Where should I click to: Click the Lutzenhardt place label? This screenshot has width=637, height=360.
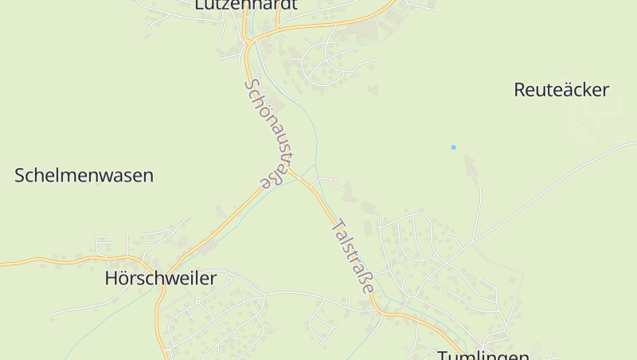[x=246, y=5]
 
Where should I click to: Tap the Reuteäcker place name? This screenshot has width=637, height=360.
[x=561, y=90]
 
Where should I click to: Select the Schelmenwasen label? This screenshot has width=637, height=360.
[x=84, y=176]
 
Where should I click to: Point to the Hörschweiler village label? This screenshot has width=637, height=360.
[x=160, y=279]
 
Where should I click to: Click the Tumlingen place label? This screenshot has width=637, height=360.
[x=483, y=355]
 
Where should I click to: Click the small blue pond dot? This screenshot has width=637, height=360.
[x=454, y=147]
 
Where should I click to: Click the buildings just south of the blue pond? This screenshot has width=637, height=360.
[x=470, y=168]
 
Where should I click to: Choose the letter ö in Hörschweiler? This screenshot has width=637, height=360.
[x=127, y=279]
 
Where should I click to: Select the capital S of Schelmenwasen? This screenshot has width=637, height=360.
[x=21, y=176]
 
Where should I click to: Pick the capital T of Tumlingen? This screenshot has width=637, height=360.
[x=443, y=355]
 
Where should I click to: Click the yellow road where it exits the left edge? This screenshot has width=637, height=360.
[x=2, y=263]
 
